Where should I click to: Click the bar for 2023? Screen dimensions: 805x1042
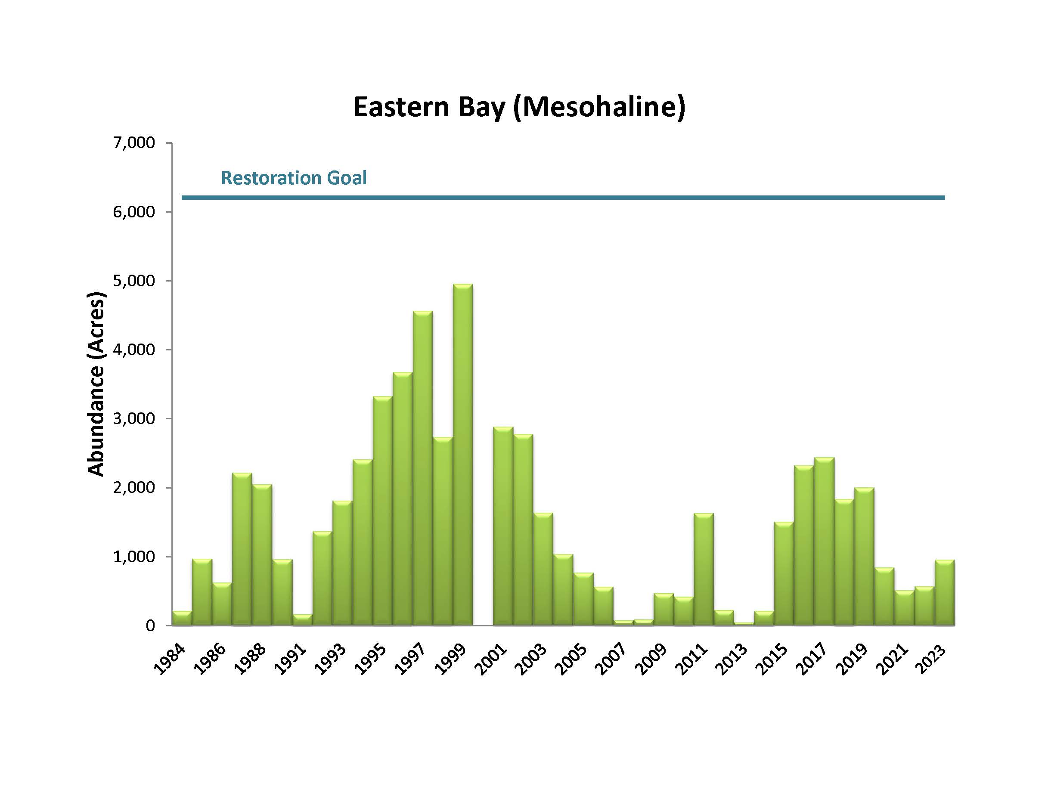944,592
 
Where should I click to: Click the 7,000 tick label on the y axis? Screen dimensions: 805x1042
133,142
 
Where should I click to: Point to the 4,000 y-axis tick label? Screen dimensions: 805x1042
133,350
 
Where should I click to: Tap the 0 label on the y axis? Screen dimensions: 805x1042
150,625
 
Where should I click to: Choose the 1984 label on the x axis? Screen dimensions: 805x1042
169,660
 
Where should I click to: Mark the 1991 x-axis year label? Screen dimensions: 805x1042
290,660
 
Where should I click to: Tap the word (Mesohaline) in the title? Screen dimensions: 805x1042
599,107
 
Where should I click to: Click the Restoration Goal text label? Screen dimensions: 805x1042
293,178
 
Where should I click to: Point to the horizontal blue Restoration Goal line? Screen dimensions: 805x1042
563,198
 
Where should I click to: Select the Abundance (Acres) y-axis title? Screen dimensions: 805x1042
96,384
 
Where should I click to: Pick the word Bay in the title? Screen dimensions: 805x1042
482,108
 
